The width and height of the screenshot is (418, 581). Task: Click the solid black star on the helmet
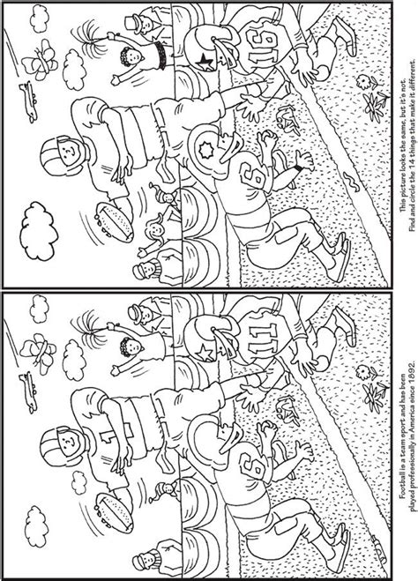point(206,62)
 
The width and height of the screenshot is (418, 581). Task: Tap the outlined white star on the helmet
point(205,353)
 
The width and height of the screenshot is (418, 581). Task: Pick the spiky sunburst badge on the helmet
point(205,150)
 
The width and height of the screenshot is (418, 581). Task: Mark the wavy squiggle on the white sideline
point(351,182)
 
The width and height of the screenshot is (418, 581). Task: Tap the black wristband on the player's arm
point(298,169)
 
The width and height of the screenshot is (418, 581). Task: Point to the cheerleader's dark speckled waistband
point(161,56)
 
